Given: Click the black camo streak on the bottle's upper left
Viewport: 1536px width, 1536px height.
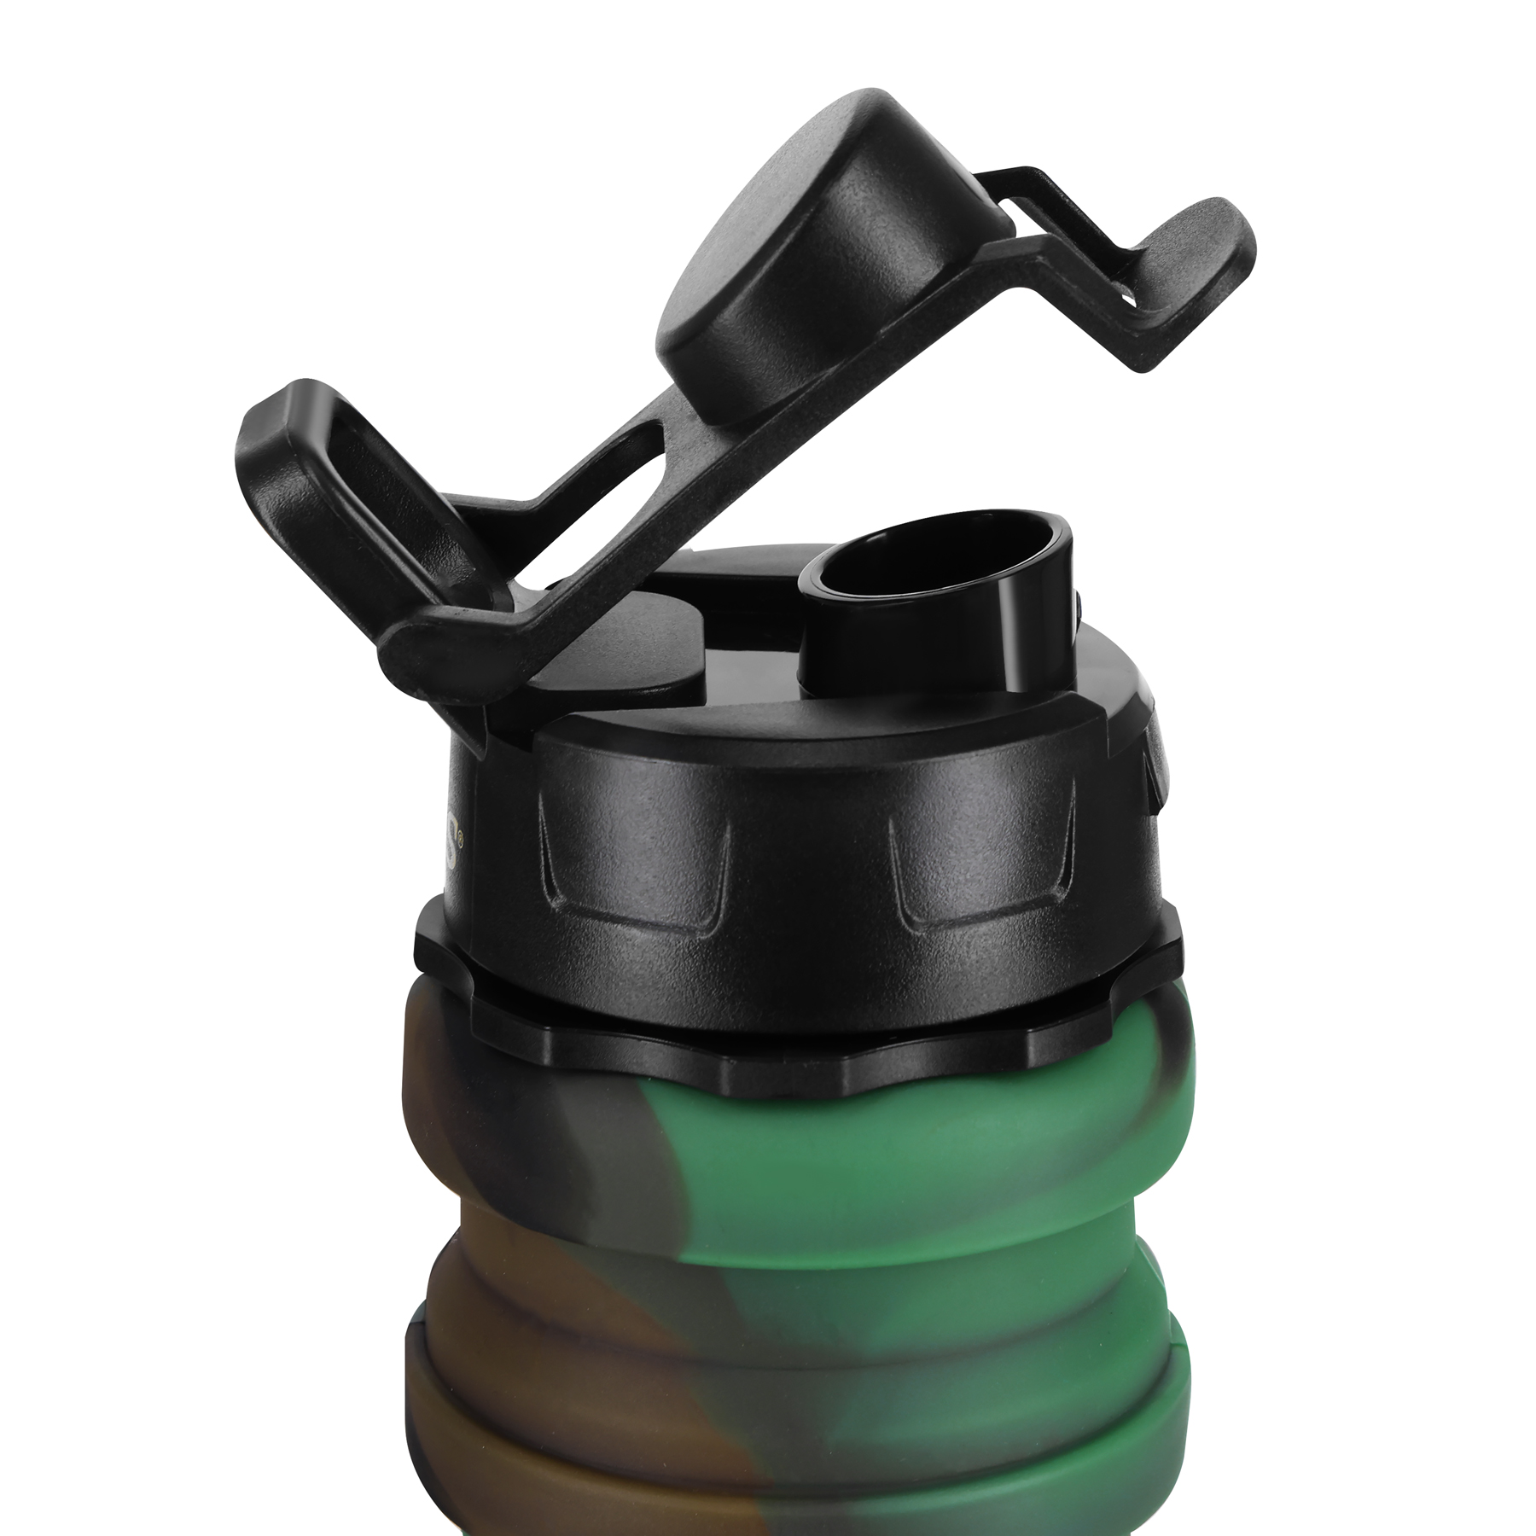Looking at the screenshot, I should (580, 1109).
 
